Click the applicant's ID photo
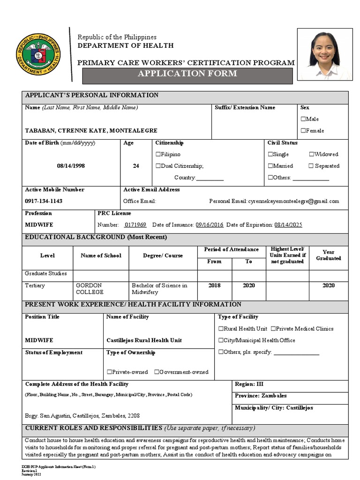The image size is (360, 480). coord(324,54)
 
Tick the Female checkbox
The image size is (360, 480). coord(303,131)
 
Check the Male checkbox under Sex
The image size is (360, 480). coord(303,119)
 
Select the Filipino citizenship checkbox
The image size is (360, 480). coord(158,154)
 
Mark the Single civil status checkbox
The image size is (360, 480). coord(270,154)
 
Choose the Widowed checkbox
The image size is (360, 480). coord(311,154)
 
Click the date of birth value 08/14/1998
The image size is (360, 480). coord(71,166)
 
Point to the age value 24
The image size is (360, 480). coord(136,166)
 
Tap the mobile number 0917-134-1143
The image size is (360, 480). coord(44,201)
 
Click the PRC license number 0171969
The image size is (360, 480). coord(135,225)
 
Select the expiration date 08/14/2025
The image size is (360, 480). coord(288,225)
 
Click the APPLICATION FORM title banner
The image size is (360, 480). coord(187,74)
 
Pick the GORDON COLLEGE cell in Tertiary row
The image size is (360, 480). coord(89,289)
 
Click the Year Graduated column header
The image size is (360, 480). coord(328,255)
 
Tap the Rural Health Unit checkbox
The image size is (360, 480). coord(221,329)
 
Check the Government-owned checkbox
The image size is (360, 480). coord(157,372)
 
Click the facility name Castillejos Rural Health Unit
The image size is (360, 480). coord(144,340)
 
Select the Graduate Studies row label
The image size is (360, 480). coord(45,273)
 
